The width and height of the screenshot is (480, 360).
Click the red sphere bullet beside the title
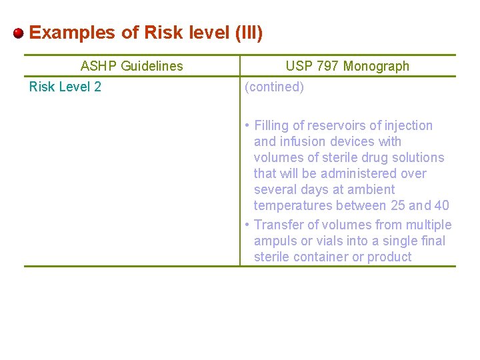tap(19, 33)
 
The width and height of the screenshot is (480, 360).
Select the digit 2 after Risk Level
tap(97, 87)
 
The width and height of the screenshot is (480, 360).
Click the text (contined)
tap(275, 87)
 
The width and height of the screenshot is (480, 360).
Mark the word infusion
tap(301, 141)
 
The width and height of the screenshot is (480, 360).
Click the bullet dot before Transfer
tap(247, 225)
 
